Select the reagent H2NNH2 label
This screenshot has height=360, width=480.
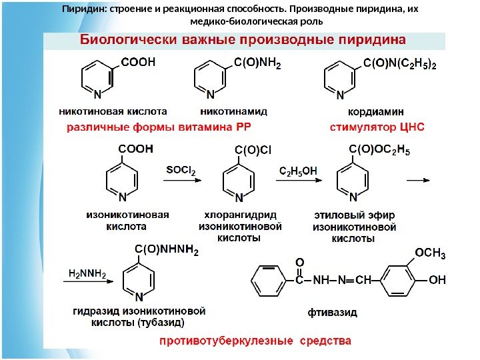pyautogui.click(x=87, y=273)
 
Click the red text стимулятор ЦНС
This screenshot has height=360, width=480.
pyautogui.click(x=377, y=125)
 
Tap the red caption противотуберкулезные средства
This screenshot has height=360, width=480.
pyautogui.click(x=255, y=341)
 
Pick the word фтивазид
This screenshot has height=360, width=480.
pyautogui.click(x=332, y=311)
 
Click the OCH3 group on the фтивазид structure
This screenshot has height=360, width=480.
pyautogui.click(x=430, y=253)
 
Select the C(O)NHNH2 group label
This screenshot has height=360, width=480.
pyautogui.click(x=166, y=250)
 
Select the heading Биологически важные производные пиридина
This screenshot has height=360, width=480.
pyautogui.click(x=243, y=39)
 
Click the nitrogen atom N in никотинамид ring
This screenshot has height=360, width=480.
pyautogui.click(x=211, y=95)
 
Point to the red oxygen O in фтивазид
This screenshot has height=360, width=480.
pyautogui.click(x=299, y=264)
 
